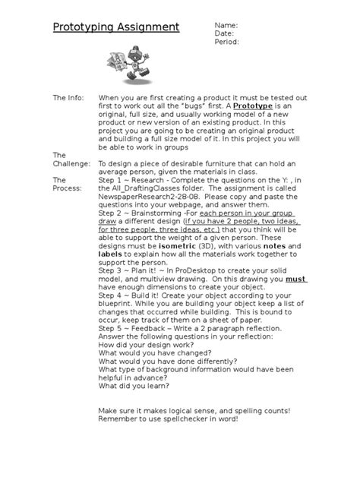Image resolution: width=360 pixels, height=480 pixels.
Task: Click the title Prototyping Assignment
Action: click(115, 28)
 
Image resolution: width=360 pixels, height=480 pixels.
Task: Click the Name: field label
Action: click(226, 25)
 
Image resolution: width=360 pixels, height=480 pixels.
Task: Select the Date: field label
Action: click(224, 33)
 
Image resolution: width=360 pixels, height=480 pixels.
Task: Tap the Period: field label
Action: click(227, 42)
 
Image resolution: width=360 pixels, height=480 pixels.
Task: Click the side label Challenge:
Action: click(71, 163)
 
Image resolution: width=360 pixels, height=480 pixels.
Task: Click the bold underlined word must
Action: click(296, 279)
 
